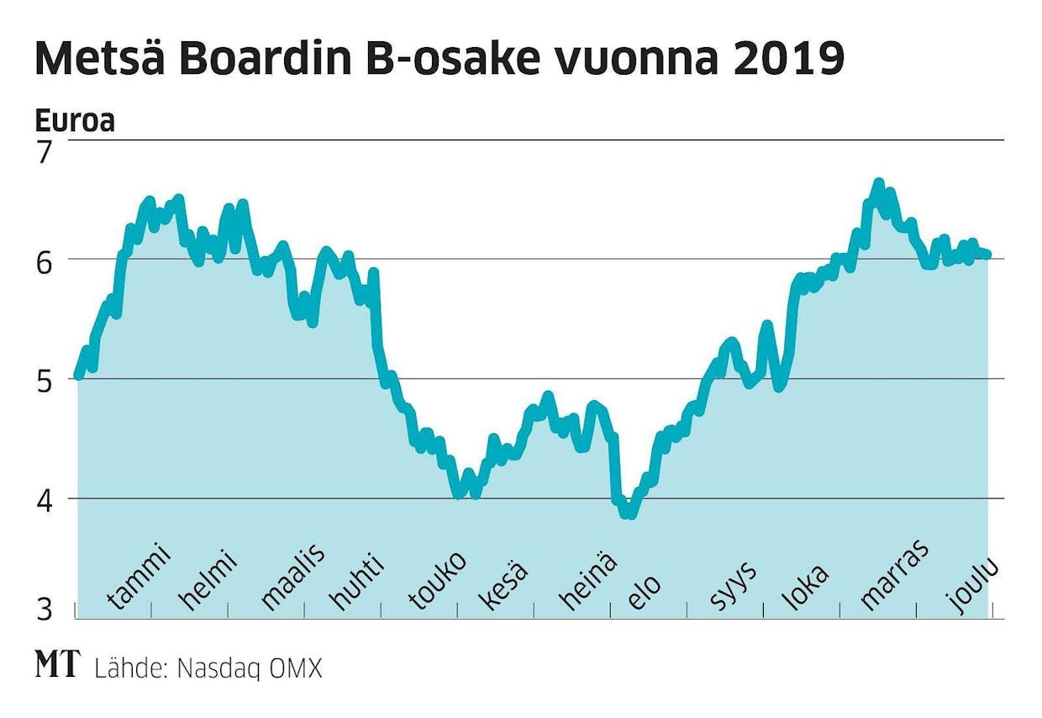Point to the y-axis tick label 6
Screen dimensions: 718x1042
44,261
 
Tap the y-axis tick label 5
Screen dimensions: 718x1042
44,381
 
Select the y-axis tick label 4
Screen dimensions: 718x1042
44,500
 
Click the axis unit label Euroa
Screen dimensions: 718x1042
75,122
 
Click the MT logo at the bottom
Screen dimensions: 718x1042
57,664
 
